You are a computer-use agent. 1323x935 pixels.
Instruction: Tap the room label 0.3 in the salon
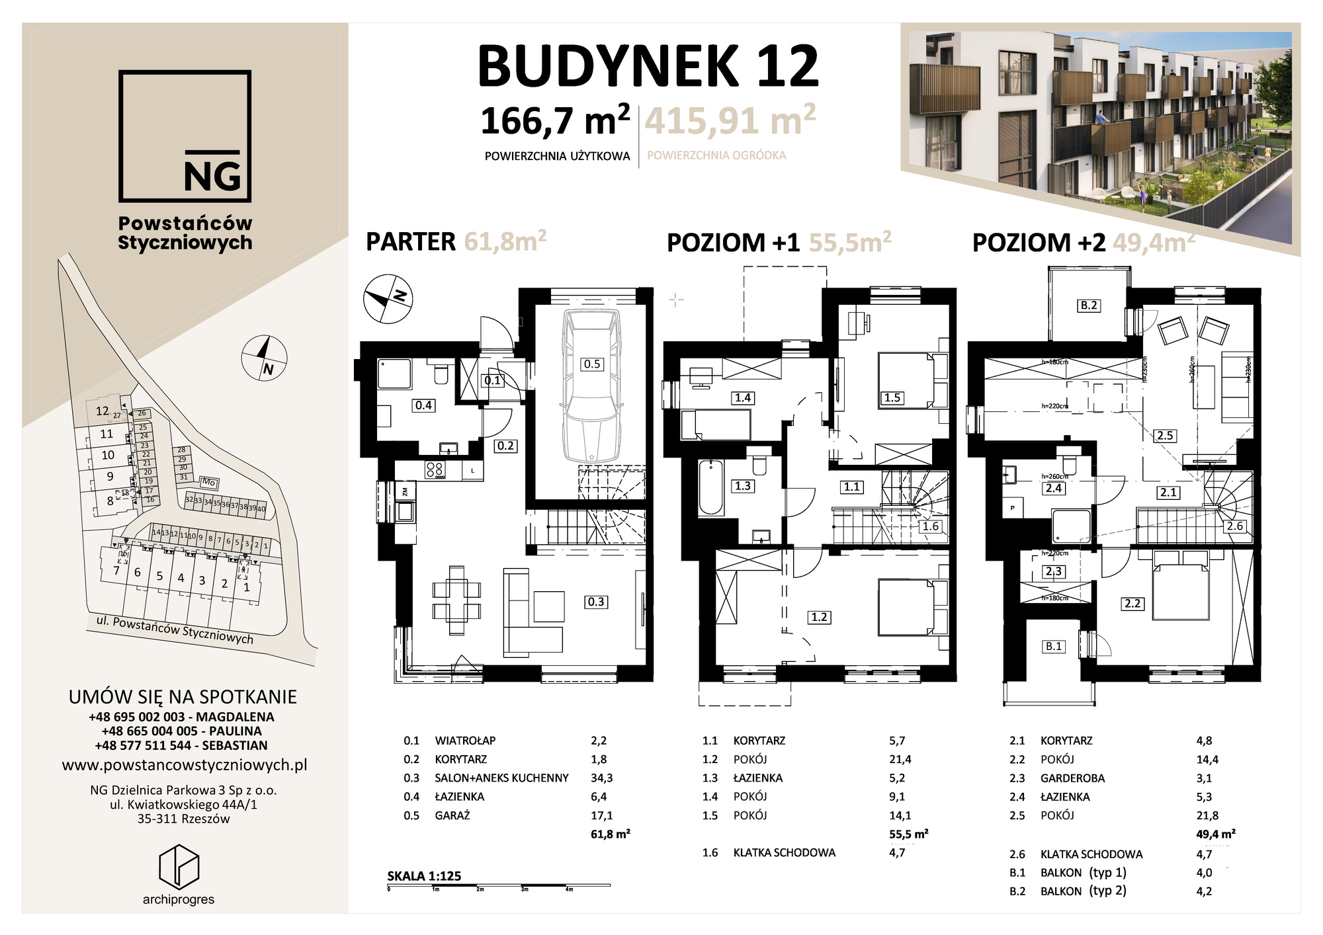coord(595,602)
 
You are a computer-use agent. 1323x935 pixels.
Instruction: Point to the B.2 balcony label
coord(1089,305)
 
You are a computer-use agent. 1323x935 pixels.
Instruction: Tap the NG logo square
coord(185,136)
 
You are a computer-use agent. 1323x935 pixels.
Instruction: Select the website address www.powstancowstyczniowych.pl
coord(185,766)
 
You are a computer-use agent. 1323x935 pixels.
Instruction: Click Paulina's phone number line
coord(181,731)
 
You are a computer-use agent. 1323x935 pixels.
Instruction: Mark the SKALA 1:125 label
coord(424,876)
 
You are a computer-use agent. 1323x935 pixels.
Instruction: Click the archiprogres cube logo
coord(179,866)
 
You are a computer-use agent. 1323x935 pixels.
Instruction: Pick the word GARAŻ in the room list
coord(452,815)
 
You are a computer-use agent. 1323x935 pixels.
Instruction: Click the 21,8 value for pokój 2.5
coord(1207,815)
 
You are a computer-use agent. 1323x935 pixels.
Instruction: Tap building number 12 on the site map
coord(102,411)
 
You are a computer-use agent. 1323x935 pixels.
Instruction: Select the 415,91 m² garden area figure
coord(730,121)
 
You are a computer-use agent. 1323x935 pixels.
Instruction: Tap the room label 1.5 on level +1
coord(892,397)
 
